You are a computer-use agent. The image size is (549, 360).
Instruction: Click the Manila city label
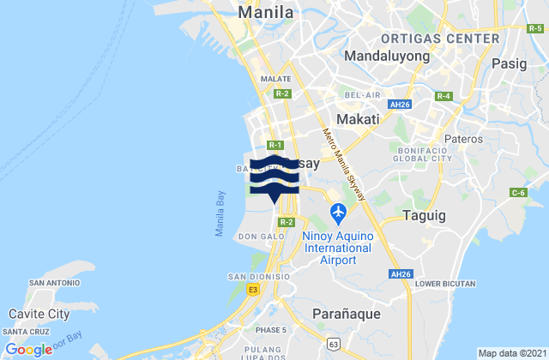pos(266,13)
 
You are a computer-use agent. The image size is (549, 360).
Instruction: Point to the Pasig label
pos(516,63)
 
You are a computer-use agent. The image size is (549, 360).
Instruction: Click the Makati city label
pos(357,119)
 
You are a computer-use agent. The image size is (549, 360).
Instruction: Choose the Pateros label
pos(464,137)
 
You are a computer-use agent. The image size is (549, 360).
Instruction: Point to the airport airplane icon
pos(337,210)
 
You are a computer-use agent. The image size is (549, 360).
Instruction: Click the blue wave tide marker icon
pos(274,178)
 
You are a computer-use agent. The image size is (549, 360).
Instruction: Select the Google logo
pos(28,349)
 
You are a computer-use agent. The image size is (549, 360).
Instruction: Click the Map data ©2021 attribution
pos(510,353)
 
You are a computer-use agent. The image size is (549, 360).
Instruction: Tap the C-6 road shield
pos(519,194)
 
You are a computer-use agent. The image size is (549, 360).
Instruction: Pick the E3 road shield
pos(252,291)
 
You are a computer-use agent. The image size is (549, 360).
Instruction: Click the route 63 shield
pos(333,344)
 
